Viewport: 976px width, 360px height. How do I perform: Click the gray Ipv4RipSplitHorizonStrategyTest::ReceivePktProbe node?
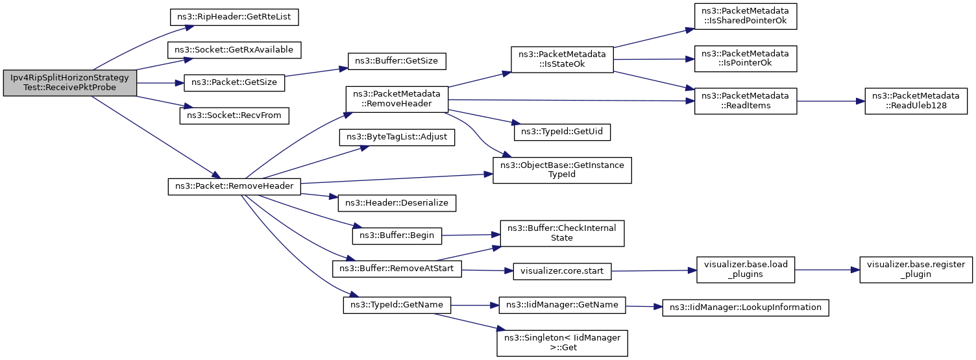pos(69,83)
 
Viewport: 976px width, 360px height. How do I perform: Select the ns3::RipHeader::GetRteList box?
pos(234,17)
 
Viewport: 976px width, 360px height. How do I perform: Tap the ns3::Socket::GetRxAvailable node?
pos(234,50)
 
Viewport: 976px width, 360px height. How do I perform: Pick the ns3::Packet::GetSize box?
pos(234,83)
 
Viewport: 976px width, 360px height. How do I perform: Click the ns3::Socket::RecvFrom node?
pos(234,115)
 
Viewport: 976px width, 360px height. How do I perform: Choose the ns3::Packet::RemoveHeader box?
pos(234,186)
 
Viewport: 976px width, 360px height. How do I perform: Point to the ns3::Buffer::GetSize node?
pos(396,61)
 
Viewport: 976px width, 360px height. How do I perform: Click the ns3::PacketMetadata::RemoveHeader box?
pos(396,99)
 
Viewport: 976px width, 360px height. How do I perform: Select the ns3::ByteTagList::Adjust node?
pos(396,137)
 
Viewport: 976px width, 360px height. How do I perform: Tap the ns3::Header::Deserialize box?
pos(396,203)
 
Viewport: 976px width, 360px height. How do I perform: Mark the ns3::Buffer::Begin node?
pos(396,235)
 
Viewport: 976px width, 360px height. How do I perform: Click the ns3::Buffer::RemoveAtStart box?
pos(396,269)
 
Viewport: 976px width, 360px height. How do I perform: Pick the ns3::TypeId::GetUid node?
pos(561,132)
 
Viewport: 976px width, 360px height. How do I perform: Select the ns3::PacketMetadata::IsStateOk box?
pos(561,60)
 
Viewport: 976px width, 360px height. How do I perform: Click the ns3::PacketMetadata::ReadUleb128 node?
pos(916,101)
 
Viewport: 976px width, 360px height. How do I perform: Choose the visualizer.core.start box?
pos(561,271)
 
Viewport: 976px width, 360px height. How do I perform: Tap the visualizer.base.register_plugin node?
pos(916,269)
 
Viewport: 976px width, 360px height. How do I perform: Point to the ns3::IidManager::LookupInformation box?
pos(745,307)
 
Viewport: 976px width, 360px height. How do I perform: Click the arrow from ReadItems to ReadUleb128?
pos(831,101)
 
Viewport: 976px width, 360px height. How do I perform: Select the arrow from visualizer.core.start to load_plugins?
pos(654,270)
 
